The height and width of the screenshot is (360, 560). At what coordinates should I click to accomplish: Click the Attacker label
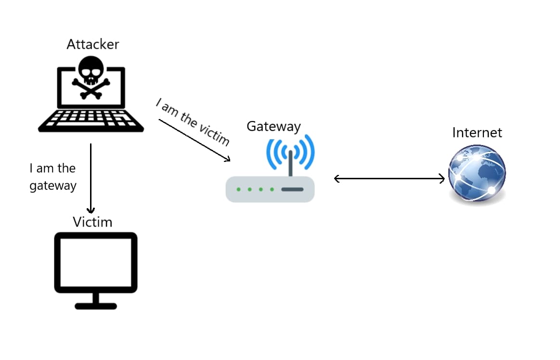pyautogui.click(x=92, y=44)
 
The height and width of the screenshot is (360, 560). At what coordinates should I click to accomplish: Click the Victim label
pyautogui.click(x=92, y=222)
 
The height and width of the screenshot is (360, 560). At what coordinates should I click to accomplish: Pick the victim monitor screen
pyautogui.click(x=96, y=263)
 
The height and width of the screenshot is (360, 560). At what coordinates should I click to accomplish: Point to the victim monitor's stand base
pyautogui.click(x=96, y=306)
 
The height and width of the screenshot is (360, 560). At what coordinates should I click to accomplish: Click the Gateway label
pyautogui.click(x=273, y=126)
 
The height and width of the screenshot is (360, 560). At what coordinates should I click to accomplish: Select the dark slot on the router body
pyautogui.click(x=292, y=189)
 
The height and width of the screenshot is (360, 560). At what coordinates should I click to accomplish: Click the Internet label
pyautogui.click(x=477, y=133)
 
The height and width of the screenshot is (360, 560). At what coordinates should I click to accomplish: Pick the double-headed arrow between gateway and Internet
pyautogui.click(x=389, y=179)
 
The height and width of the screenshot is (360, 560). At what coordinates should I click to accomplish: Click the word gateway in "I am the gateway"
pyautogui.click(x=53, y=186)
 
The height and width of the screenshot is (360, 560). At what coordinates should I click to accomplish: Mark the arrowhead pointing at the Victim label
pyautogui.click(x=91, y=210)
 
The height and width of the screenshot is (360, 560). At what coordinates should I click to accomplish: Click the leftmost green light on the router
pyautogui.click(x=239, y=189)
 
